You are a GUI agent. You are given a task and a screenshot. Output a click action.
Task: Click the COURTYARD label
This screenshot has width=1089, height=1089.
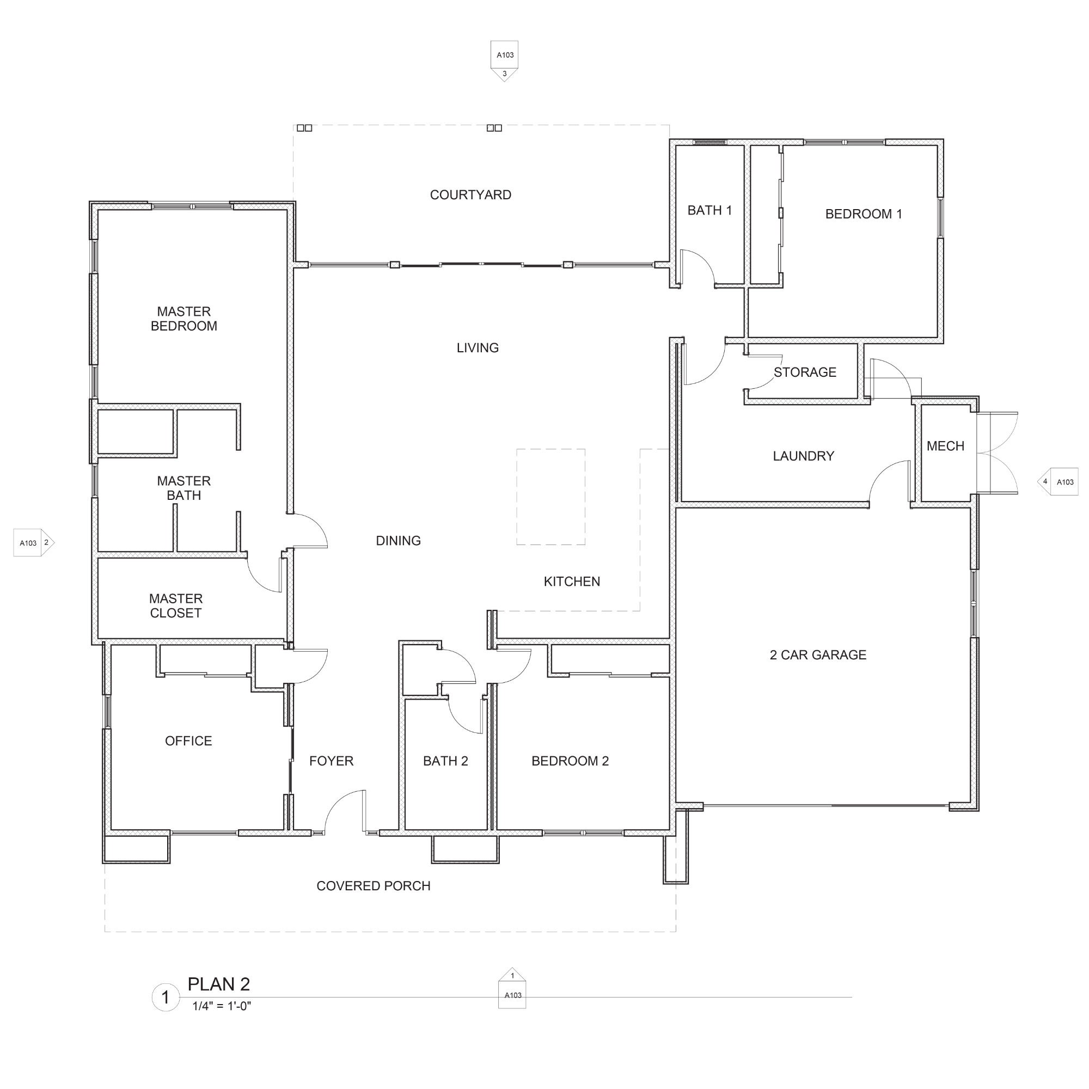(470, 195)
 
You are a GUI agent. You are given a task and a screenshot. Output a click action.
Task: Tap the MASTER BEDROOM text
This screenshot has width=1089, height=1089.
(183, 319)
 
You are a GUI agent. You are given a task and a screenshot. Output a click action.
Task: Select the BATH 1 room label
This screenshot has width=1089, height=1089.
(709, 210)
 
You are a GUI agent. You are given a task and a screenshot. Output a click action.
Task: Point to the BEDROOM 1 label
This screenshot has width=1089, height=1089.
(864, 214)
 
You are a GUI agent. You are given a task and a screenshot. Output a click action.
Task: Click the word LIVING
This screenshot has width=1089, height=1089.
(478, 348)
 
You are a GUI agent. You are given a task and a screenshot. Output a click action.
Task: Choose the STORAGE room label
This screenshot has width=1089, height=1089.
(805, 372)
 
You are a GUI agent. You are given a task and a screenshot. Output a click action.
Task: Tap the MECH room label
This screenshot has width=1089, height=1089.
(945, 446)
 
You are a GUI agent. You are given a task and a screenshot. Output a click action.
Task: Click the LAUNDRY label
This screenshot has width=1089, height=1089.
(803, 456)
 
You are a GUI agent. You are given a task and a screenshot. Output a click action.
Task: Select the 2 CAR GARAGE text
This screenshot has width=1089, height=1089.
(818, 655)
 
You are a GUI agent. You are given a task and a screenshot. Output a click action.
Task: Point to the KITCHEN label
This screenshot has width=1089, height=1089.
(572, 582)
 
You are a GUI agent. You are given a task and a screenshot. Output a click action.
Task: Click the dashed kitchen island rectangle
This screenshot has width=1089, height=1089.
(550, 449)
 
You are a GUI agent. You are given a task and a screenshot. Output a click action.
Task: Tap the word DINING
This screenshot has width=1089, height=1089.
(399, 541)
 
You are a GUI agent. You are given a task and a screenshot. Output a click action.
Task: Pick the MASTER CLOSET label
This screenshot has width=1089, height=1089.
(176, 606)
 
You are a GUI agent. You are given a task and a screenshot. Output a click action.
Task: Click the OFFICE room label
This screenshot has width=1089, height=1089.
(188, 741)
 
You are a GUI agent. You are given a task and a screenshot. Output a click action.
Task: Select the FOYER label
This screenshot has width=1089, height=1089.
(332, 761)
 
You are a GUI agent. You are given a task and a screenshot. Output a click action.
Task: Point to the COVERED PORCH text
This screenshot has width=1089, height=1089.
(373, 886)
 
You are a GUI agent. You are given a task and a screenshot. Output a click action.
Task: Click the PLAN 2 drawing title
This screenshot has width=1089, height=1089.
(219, 984)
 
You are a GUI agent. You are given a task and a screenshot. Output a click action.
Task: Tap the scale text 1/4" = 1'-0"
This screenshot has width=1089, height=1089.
(222, 1006)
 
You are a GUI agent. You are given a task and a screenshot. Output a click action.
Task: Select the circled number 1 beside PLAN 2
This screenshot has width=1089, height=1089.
(166, 998)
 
